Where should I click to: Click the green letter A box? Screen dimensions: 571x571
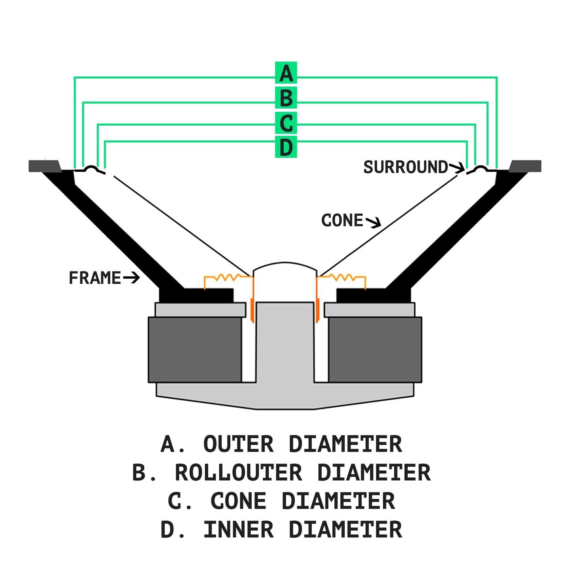tap(286, 73)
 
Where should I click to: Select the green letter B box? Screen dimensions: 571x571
tap(286, 98)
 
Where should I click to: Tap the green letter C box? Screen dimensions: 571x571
tap(286, 123)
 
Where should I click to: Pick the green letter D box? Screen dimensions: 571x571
tap(286, 147)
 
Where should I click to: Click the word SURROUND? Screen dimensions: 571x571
tap(405, 168)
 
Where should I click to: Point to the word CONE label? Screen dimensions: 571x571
tap(342, 220)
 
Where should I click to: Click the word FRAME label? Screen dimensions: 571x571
tap(95, 278)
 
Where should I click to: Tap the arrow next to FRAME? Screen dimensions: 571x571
tap(132, 278)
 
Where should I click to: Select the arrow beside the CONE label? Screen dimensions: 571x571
tap(373, 222)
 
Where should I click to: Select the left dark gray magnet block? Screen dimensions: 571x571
tap(195, 350)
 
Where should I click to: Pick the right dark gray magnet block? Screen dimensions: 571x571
tap(375, 350)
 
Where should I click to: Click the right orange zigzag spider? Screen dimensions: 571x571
tap(343, 277)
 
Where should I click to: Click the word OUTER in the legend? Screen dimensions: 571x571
tap(238, 444)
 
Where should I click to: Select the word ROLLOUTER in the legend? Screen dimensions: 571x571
tap(239, 473)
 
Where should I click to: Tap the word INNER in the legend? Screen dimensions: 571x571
tap(238, 530)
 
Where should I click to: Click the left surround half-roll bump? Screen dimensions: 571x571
tap(91, 169)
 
